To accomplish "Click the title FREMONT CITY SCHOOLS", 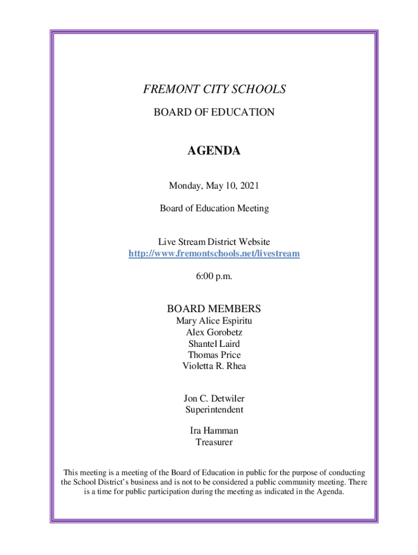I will click(214, 89).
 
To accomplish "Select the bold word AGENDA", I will click(214, 151).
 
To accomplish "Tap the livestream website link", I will click(214, 253).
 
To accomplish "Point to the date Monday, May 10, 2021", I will click(214, 186).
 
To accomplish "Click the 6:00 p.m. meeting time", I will click(214, 276).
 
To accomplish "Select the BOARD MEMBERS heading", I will click(214, 309).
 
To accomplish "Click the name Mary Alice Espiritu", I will click(214, 321).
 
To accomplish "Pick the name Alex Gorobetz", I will click(214, 332).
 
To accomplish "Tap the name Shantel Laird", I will click(214, 344).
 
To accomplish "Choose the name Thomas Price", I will click(214, 355).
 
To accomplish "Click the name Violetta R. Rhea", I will click(214, 366).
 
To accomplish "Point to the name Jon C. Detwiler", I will click(214, 399).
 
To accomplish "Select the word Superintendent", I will click(214, 410).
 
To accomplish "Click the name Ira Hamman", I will click(214, 431).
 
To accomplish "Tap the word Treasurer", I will click(214, 442).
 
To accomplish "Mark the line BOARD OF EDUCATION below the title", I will click(214, 113).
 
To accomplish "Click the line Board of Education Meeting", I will click(214, 209).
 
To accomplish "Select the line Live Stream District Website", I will click(214, 242).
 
